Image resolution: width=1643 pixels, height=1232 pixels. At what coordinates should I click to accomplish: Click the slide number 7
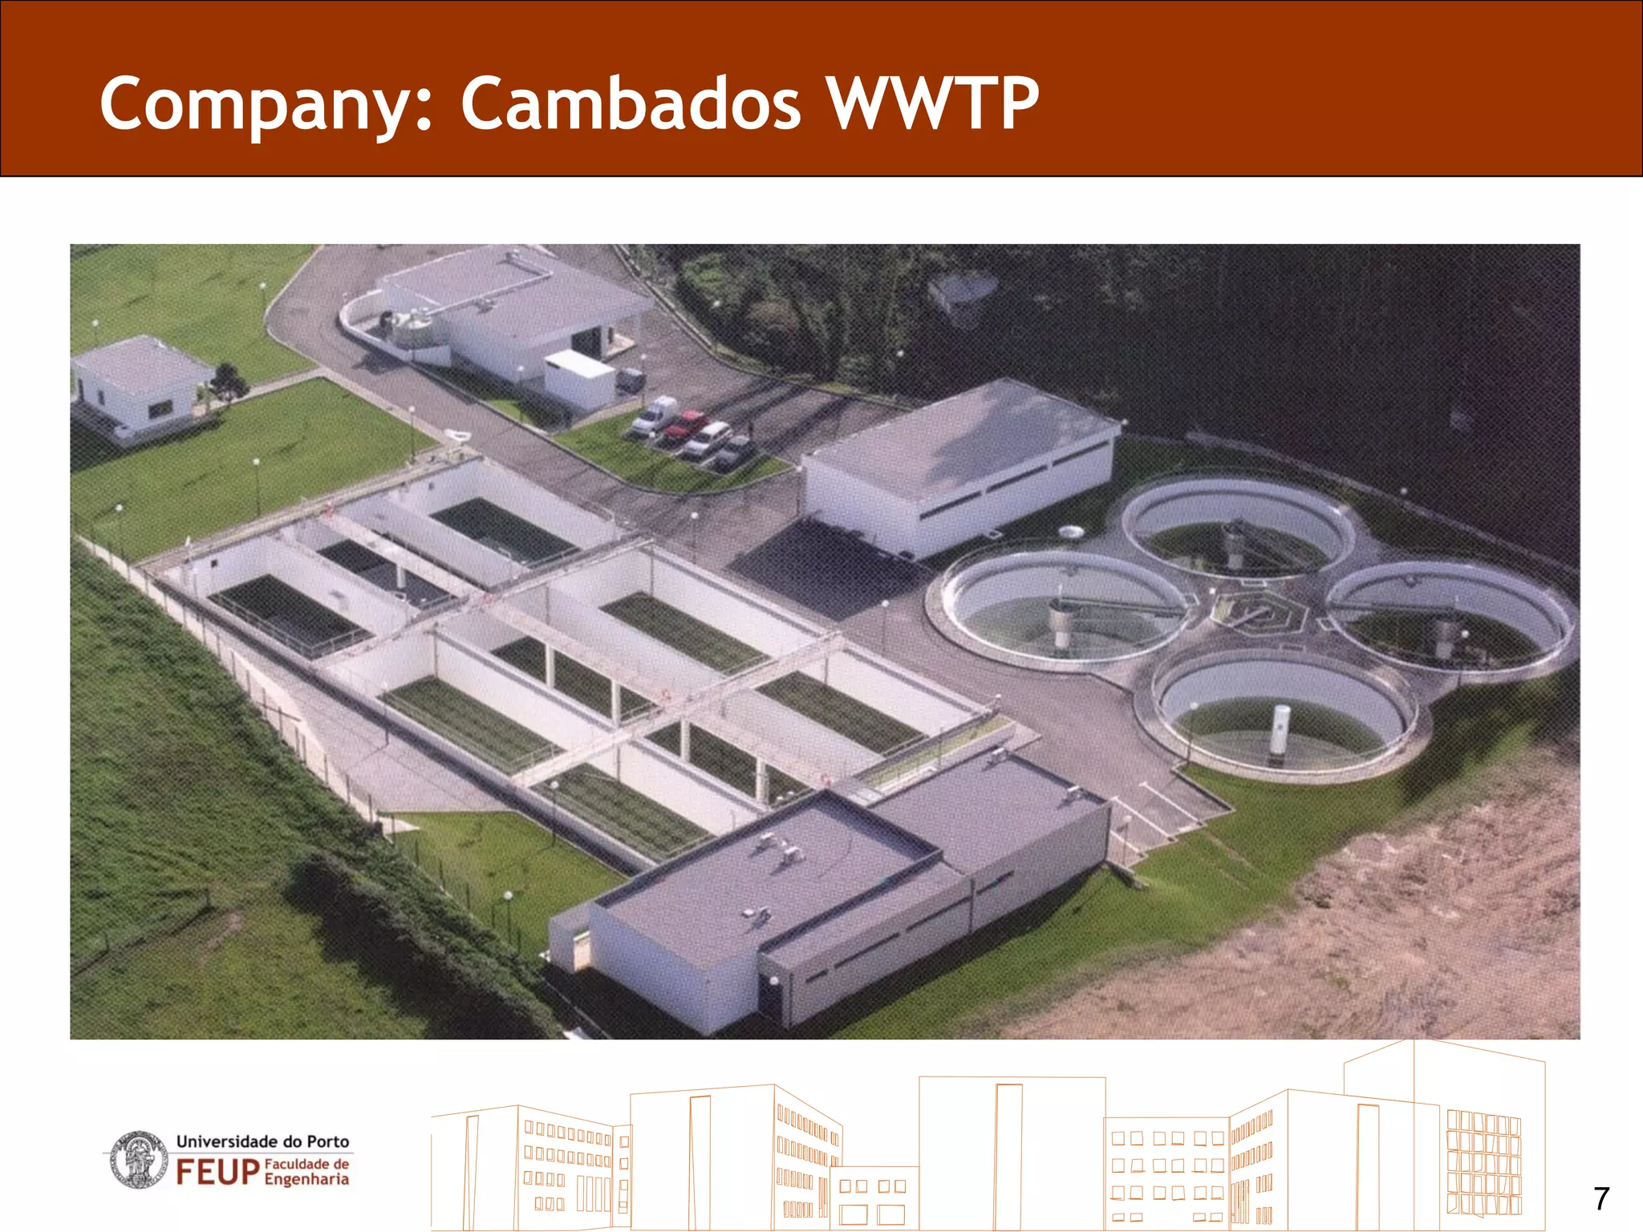[x=1601, y=1198]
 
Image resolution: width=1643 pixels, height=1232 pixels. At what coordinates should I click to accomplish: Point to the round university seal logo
[x=138, y=1159]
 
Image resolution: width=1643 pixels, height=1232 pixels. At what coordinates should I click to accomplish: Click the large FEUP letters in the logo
[x=217, y=1172]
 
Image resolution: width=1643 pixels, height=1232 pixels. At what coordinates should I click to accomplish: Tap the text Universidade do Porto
[x=262, y=1141]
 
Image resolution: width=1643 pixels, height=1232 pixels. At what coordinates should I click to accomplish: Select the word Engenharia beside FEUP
[x=306, y=1179]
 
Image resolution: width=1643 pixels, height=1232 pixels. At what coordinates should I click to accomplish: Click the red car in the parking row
[x=683, y=428]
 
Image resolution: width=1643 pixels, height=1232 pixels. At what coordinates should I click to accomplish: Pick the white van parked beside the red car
[x=654, y=415]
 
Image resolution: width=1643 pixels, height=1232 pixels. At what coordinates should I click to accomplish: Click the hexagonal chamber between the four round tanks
[x=1259, y=614]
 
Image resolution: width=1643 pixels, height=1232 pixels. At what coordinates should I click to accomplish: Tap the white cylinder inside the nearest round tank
[x=1280, y=730]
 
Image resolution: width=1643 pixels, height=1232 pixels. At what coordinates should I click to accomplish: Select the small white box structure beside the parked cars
[x=579, y=379]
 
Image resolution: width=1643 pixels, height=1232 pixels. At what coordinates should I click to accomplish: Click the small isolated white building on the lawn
[x=140, y=385]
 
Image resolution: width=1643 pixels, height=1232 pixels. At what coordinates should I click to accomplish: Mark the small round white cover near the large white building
[x=1071, y=531]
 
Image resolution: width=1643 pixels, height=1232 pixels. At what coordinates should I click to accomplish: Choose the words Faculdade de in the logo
[x=306, y=1164]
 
